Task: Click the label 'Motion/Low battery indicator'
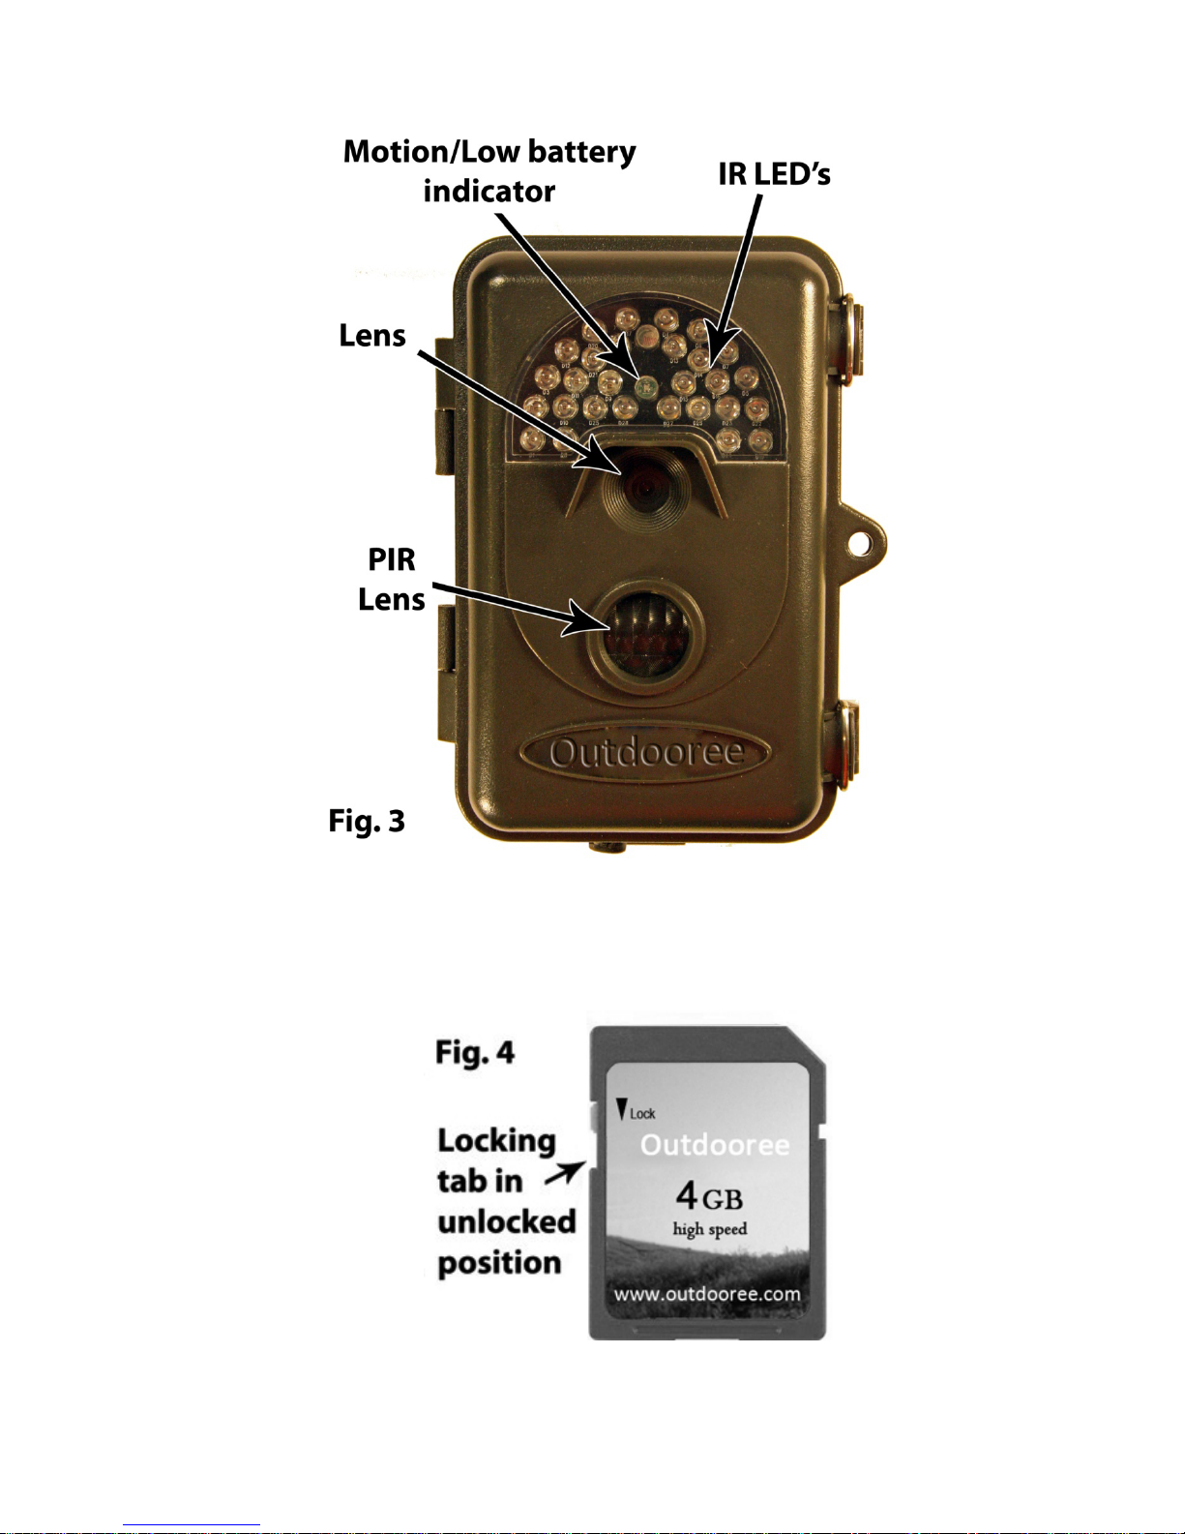pyautogui.click(x=489, y=171)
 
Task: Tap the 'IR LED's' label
pyautogui.click(x=774, y=174)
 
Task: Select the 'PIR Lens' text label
pyautogui.click(x=391, y=579)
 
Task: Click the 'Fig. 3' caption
pyautogui.click(x=367, y=821)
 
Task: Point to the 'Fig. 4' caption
pyautogui.click(x=475, y=1052)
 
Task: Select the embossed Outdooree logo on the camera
pyautogui.click(x=646, y=753)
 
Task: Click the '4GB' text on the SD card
pyautogui.click(x=709, y=1196)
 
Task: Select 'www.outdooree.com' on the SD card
pyautogui.click(x=707, y=1294)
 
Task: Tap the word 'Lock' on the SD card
pyautogui.click(x=642, y=1114)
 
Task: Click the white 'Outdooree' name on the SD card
pyautogui.click(x=715, y=1145)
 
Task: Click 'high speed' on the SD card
pyautogui.click(x=710, y=1229)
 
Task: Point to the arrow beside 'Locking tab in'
pyautogui.click(x=564, y=1174)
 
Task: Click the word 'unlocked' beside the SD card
pyautogui.click(x=506, y=1221)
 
